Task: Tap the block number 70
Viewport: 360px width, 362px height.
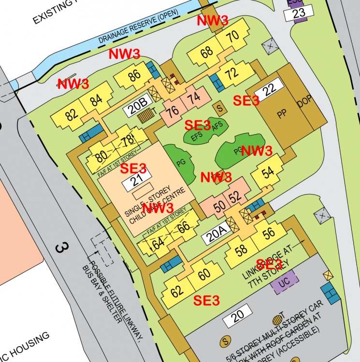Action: click(232, 36)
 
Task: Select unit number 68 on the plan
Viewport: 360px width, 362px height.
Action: click(207, 52)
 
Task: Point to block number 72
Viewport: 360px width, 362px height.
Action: click(232, 73)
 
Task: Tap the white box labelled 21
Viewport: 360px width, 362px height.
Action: click(135, 182)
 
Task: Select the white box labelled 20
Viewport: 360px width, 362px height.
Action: click(237, 317)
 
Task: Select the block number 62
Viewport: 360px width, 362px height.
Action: click(177, 292)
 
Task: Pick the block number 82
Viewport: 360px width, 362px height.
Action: click(71, 114)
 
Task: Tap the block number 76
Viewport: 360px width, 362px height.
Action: click(172, 111)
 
